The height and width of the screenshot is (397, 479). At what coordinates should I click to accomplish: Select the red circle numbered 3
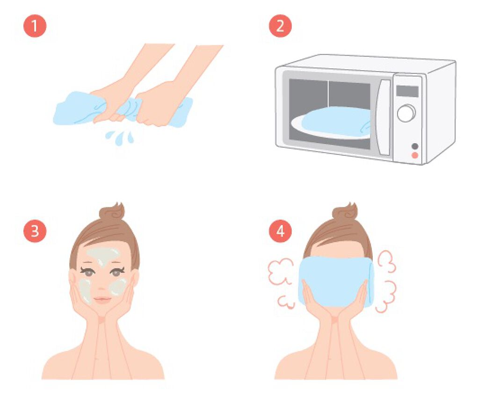pyautogui.click(x=35, y=231)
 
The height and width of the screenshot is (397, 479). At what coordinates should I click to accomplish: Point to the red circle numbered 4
pyautogui.click(x=280, y=231)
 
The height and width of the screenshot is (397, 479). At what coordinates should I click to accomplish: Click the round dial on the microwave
pyautogui.click(x=406, y=113)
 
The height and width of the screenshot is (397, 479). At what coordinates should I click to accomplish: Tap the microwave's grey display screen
pyautogui.click(x=407, y=91)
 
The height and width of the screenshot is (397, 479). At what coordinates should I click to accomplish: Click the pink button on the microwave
pyautogui.click(x=414, y=155)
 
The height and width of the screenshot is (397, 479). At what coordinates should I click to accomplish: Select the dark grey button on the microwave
pyautogui.click(x=414, y=146)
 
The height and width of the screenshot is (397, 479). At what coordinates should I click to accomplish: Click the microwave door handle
pyautogui.click(x=384, y=117)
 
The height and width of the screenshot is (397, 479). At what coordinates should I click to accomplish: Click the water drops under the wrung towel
pyautogui.click(x=120, y=137)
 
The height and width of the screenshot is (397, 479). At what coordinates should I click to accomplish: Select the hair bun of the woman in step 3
pyautogui.click(x=112, y=212)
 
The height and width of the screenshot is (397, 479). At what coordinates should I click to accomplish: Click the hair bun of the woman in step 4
pyautogui.click(x=345, y=212)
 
